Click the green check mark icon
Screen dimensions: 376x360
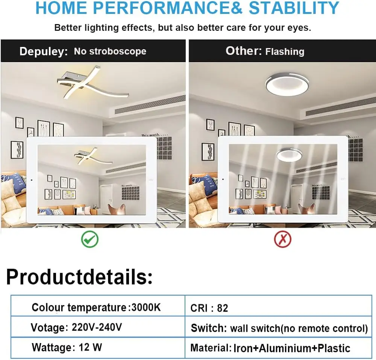tap(90, 239)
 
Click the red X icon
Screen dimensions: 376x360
tap(283, 239)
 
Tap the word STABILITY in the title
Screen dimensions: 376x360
tap(294, 8)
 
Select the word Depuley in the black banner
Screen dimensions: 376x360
tap(43, 51)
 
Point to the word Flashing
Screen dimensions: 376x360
tap(285, 51)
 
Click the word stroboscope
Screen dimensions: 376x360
tap(118, 51)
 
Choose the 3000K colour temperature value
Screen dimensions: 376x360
tap(146, 307)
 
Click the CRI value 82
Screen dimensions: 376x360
tap(223, 308)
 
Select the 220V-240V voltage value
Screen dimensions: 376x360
tap(97, 327)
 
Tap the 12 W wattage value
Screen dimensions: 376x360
tap(90, 347)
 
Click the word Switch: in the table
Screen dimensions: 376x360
tap(209, 328)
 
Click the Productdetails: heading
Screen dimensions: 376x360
tap(79, 277)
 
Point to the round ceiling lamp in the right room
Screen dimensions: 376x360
tap(287, 85)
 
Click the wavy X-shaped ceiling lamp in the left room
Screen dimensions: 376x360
tap(91, 83)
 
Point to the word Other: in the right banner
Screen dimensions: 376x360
tap(244, 51)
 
